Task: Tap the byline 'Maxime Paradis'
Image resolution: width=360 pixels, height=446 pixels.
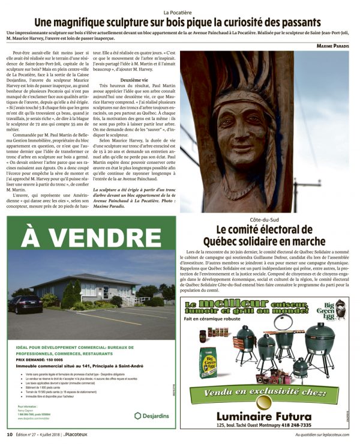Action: (333, 46)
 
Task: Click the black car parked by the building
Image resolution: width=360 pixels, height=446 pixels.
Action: (25, 304)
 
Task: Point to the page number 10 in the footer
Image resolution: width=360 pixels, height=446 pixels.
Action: (9, 434)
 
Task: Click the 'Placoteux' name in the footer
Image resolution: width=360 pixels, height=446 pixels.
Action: (82, 434)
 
